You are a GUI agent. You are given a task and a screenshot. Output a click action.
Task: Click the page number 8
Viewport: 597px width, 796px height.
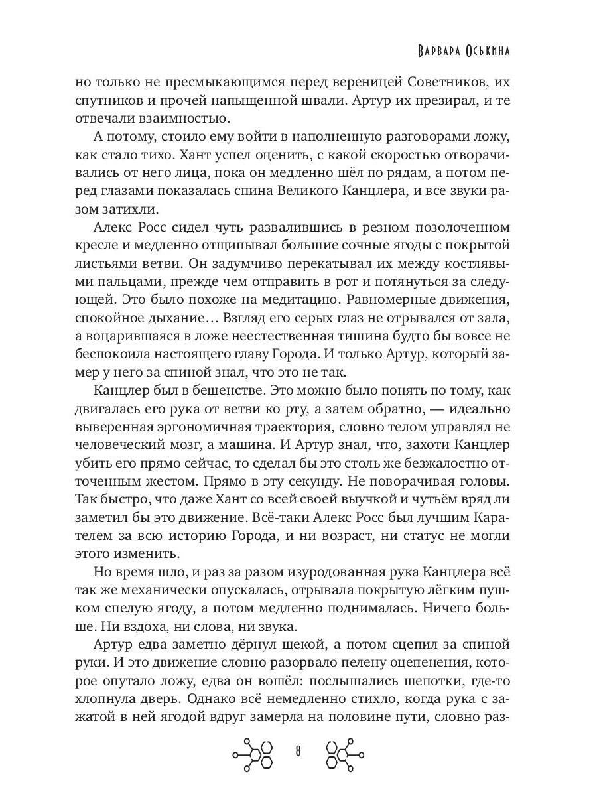[298, 752]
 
